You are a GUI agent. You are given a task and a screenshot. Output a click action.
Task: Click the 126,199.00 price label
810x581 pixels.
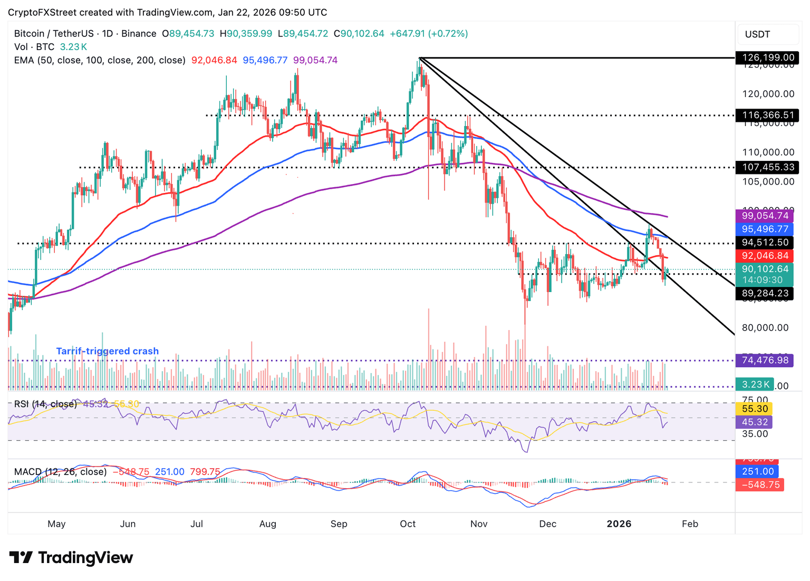(x=767, y=57)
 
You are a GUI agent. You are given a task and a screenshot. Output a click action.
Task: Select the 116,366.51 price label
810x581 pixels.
(x=767, y=115)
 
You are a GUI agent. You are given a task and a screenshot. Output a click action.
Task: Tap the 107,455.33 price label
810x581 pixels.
(x=767, y=167)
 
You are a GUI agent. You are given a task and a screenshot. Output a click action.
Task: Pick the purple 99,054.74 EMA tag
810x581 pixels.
(x=765, y=216)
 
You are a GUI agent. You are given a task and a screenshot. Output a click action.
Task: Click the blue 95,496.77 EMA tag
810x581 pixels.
(x=765, y=229)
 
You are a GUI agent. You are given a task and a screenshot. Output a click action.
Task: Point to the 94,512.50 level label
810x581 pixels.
(x=765, y=243)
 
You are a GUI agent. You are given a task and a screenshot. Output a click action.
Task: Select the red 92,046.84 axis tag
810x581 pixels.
(x=765, y=256)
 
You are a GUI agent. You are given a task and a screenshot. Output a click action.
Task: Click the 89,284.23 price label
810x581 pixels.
(x=765, y=293)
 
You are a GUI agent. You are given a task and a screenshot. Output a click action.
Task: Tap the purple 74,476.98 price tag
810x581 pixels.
(x=765, y=360)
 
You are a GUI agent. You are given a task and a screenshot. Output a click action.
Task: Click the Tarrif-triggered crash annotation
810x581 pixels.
(x=108, y=351)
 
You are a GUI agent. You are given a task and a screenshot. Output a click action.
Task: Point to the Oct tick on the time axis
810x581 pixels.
(x=408, y=524)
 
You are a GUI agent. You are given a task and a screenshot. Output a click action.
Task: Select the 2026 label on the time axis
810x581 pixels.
(x=619, y=524)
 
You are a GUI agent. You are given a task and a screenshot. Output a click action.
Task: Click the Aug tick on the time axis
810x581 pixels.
(x=268, y=524)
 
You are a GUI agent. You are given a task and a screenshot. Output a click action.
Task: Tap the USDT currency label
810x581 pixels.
(x=757, y=35)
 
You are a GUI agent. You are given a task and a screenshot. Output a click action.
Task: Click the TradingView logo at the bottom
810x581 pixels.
(x=71, y=557)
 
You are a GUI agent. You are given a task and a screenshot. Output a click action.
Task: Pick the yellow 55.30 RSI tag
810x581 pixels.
(x=754, y=409)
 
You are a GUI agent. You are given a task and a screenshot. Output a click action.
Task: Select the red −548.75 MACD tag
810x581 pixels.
(x=759, y=485)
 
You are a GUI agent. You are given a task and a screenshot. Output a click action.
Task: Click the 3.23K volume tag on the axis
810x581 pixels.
(x=754, y=384)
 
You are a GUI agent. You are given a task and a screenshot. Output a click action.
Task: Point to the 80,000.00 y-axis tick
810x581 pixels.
(x=765, y=327)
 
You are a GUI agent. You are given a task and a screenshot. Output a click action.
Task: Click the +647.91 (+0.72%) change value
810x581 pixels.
(x=428, y=34)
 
